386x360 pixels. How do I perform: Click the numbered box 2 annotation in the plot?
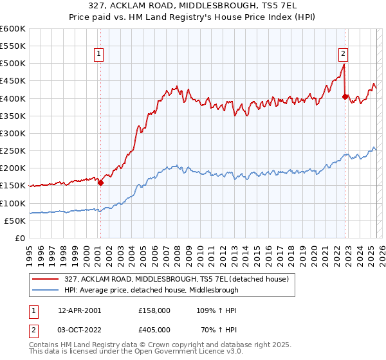click(344, 55)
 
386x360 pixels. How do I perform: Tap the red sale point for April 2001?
click(101, 183)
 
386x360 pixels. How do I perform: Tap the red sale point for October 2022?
click(345, 97)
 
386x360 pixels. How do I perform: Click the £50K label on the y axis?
click(15, 221)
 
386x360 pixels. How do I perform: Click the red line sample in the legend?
click(45, 279)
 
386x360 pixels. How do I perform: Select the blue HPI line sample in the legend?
click(45, 290)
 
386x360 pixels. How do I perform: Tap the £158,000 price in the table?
click(154, 310)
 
